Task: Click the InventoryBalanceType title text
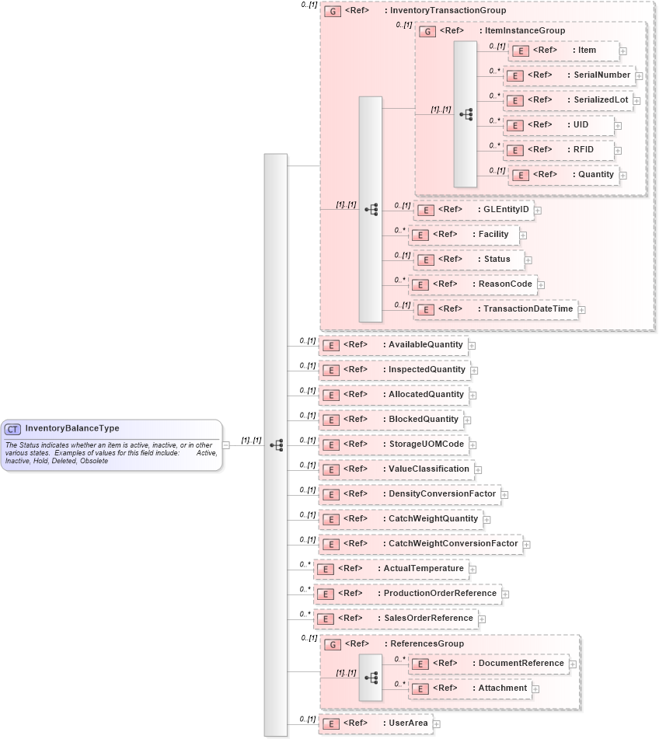(x=71, y=428)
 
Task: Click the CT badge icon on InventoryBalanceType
(x=13, y=429)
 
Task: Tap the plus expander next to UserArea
(x=437, y=724)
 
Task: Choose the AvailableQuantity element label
(x=425, y=344)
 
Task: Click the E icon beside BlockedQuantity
(x=329, y=420)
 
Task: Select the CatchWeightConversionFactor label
(x=452, y=544)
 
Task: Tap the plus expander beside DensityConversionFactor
(x=504, y=494)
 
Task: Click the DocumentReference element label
(x=521, y=664)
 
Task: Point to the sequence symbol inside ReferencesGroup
(x=371, y=678)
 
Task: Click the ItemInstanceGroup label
(x=524, y=31)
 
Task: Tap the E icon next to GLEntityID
(x=424, y=211)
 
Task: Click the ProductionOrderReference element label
(x=440, y=594)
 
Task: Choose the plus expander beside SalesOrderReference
(x=482, y=619)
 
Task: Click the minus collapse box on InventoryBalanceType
(x=226, y=445)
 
